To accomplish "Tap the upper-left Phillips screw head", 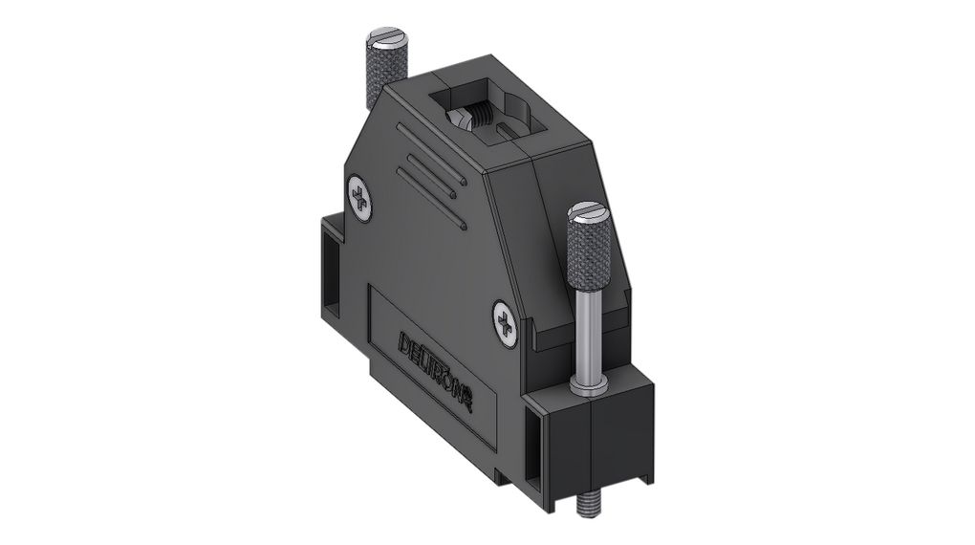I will pos(360,196).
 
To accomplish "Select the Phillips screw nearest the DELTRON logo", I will pos(505,324).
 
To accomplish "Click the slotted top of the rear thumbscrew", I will pos(387,39).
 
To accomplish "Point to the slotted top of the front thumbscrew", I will pos(585,214).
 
